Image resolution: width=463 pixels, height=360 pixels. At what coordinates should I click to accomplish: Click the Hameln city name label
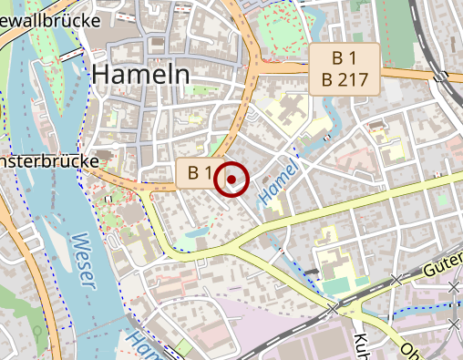pyautogui.click(x=140, y=73)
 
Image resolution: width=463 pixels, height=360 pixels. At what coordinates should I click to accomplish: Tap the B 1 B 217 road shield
pyautogui.click(x=345, y=68)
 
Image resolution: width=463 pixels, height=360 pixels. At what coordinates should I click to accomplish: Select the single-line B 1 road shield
pyautogui.click(x=201, y=172)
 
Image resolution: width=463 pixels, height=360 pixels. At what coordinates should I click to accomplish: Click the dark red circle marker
pyautogui.click(x=231, y=180)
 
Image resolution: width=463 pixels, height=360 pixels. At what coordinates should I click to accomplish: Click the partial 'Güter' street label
pyautogui.click(x=443, y=268)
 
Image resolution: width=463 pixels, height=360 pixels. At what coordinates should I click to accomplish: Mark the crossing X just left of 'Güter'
pyautogui.click(x=396, y=279)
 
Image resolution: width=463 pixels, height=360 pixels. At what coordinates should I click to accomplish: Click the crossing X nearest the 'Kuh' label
pyautogui.click(x=334, y=310)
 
